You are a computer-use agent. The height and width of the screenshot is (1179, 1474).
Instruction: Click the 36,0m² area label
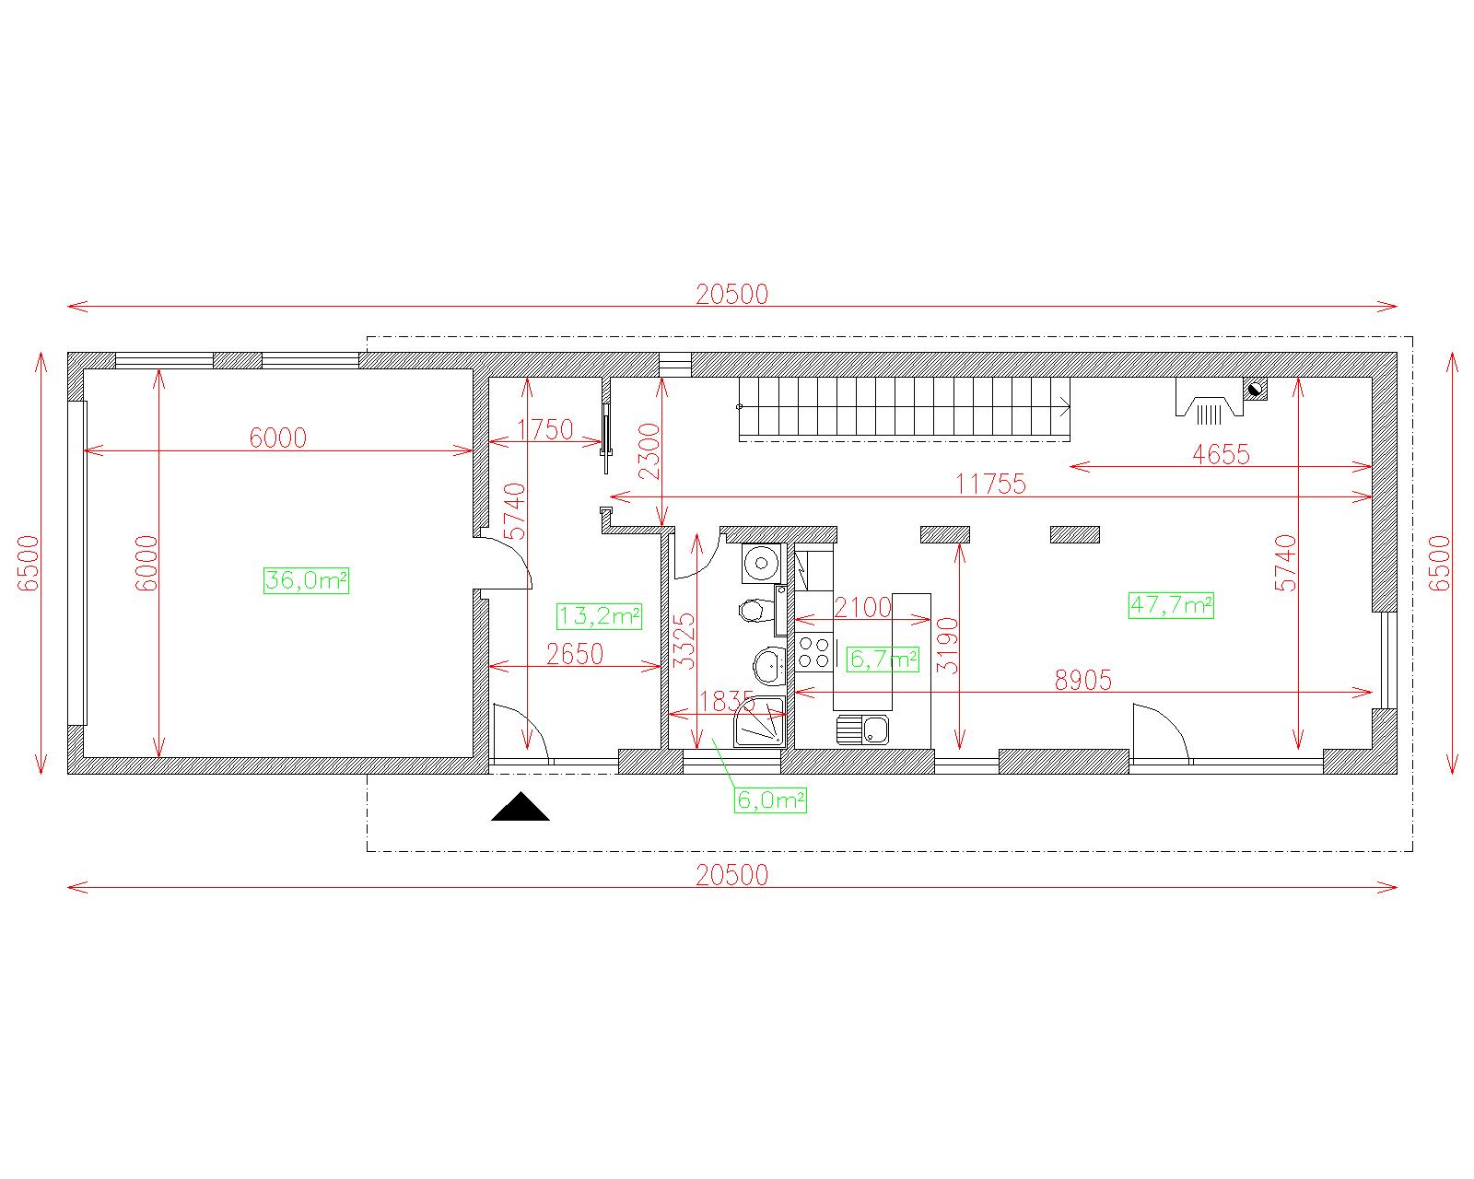(x=306, y=580)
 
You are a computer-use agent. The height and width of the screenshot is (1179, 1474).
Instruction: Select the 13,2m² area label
(x=600, y=616)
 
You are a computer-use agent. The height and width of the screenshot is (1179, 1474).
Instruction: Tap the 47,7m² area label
(x=1171, y=605)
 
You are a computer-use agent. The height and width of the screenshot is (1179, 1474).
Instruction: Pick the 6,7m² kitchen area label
(x=883, y=659)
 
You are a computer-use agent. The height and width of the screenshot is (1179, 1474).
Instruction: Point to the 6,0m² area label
(x=770, y=800)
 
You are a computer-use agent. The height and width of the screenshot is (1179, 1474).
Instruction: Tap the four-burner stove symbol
(x=813, y=652)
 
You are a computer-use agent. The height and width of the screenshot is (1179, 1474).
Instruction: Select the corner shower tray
(x=760, y=721)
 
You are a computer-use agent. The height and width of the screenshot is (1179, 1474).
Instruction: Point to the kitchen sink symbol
(x=863, y=729)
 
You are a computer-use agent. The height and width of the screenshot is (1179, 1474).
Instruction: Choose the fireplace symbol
(x=1210, y=399)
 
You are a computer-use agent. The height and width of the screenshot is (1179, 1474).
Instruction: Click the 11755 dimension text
(x=990, y=484)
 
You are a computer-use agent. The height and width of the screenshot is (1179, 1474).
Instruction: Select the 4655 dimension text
(x=1221, y=454)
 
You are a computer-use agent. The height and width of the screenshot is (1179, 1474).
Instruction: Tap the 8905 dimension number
(x=1082, y=680)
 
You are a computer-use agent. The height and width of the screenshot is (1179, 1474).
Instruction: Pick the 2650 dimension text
(x=575, y=654)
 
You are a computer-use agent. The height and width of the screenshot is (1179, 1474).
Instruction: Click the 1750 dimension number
(x=544, y=429)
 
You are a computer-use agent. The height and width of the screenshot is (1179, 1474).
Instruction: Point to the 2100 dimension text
(x=862, y=607)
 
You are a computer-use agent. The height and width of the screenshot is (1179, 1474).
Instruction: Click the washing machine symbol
(x=762, y=563)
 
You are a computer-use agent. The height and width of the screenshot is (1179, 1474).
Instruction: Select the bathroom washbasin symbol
(x=770, y=665)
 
